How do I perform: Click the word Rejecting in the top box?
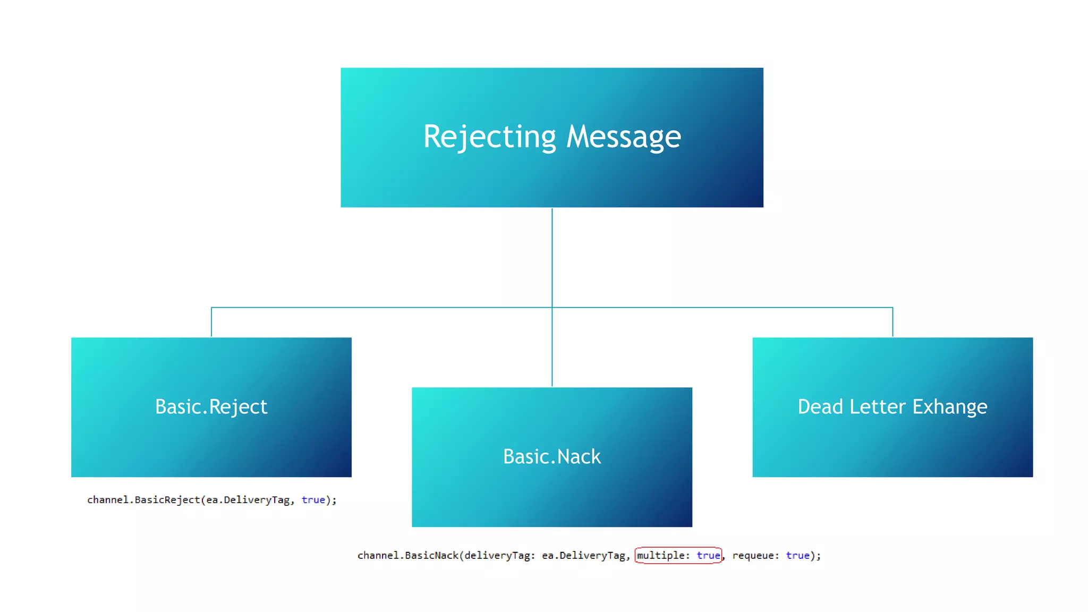pyautogui.click(x=489, y=137)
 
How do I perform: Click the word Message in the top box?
pyautogui.click(x=623, y=137)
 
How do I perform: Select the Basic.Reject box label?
pyautogui.click(x=211, y=407)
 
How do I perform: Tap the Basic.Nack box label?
pyautogui.click(x=551, y=457)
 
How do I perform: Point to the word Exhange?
pyautogui.click(x=949, y=407)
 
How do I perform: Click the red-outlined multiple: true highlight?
pyautogui.click(x=678, y=555)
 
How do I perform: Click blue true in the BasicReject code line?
pyautogui.click(x=313, y=500)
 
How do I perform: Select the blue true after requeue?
pyautogui.click(x=797, y=555)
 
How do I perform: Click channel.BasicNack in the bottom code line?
pyautogui.click(x=407, y=555)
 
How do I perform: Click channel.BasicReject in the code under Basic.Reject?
pyautogui.click(x=143, y=500)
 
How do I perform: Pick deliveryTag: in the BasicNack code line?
pyautogui.click(x=500, y=555)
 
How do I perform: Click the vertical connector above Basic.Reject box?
pyautogui.click(x=211, y=322)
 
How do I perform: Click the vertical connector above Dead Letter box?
pyautogui.click(x=892, y=322)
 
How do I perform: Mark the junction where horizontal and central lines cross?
pyautogui.click(x=552, y=307)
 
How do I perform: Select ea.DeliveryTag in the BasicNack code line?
pyautogui.click(x=583, y=555)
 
